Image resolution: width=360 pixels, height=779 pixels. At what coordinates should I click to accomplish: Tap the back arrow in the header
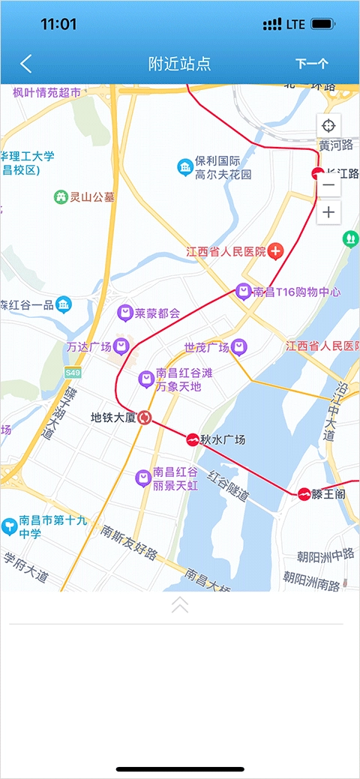[26, 64]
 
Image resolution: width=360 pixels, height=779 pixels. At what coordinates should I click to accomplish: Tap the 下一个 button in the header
[311, 64]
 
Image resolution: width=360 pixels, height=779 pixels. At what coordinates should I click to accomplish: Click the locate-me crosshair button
[328, 125]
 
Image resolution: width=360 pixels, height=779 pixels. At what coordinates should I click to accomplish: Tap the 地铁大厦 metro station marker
[145, 418]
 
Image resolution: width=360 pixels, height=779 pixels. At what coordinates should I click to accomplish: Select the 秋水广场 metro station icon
[193, 440]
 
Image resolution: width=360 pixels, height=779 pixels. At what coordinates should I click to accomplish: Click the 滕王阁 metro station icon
[304, 493]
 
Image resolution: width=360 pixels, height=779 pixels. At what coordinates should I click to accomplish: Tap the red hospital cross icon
[276, 251]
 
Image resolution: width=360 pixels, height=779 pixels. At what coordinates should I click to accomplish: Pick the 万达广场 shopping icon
[121, 346]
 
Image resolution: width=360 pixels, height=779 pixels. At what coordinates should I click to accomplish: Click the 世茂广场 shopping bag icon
[238, 346]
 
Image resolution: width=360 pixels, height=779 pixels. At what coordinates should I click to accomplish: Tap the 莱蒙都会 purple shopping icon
[125, 313]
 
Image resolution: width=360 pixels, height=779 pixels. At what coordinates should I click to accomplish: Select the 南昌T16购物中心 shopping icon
[243, 291]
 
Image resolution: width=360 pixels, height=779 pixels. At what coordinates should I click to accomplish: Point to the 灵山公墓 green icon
[61, 197]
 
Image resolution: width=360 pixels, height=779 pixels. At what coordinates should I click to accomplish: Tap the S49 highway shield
[72, 372]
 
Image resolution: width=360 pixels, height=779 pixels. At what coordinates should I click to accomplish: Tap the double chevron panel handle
[180, 605]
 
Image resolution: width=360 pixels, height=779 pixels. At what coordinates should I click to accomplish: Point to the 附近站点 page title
[180, 64]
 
